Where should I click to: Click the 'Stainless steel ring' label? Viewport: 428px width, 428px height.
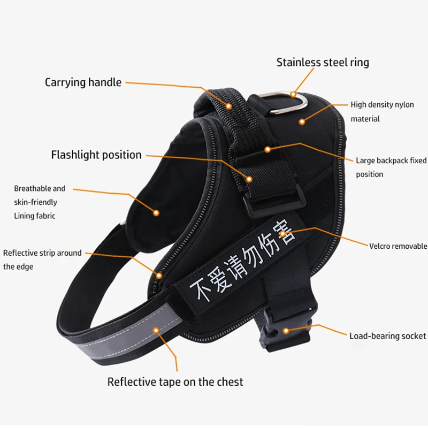(x=323, y=63)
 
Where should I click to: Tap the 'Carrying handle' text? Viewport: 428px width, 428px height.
(x=83, y=82)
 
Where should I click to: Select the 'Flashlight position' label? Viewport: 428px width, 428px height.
(x=96, y=155)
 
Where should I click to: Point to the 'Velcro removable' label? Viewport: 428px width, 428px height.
(x=398, y=246)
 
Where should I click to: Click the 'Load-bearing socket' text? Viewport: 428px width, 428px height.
(x=388, y=336)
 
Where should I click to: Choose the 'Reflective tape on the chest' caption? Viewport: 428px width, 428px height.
(x=175, y=382)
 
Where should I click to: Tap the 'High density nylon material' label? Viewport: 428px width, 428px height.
(x=382, y=112)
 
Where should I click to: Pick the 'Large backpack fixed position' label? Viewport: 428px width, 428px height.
(x=391, y=167)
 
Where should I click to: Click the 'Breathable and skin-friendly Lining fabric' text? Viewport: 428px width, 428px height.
(x=40, y=202)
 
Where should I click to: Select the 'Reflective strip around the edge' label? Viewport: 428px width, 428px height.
(x=42, y=259)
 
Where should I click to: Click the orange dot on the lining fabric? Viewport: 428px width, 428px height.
(x=156, y=212)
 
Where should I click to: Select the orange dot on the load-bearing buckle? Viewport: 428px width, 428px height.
(x=286, y=331)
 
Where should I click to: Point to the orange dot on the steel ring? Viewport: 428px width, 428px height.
(x=293, y=95)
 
